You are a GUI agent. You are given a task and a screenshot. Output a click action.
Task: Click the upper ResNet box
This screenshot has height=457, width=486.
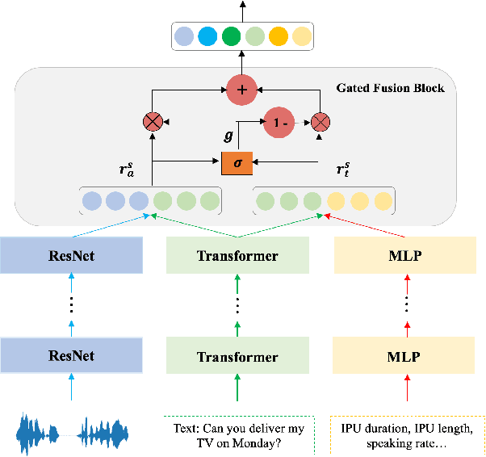click(x=70, y=257)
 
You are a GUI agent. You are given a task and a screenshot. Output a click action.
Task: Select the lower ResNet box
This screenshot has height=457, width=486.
click(x=70, y=355)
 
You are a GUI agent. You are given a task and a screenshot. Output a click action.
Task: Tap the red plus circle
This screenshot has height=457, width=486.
click(x=241, y=89)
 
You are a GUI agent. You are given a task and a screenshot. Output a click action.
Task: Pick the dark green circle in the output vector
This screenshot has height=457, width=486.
click(x=231, y=36)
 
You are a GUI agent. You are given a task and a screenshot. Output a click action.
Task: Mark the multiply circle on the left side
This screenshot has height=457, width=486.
click(x=153, y=122)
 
